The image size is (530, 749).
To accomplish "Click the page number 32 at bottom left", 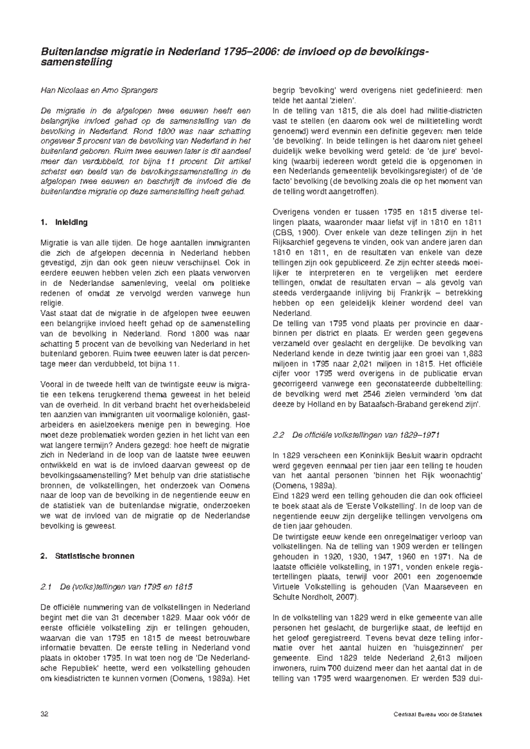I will click(44, 714).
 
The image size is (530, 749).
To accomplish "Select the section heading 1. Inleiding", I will click(64, 222).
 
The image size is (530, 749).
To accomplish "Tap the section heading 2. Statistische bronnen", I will click(87, 556).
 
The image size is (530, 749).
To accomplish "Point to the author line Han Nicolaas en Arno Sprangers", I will click(99, 90).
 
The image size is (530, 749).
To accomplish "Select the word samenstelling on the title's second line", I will click(76, 63).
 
